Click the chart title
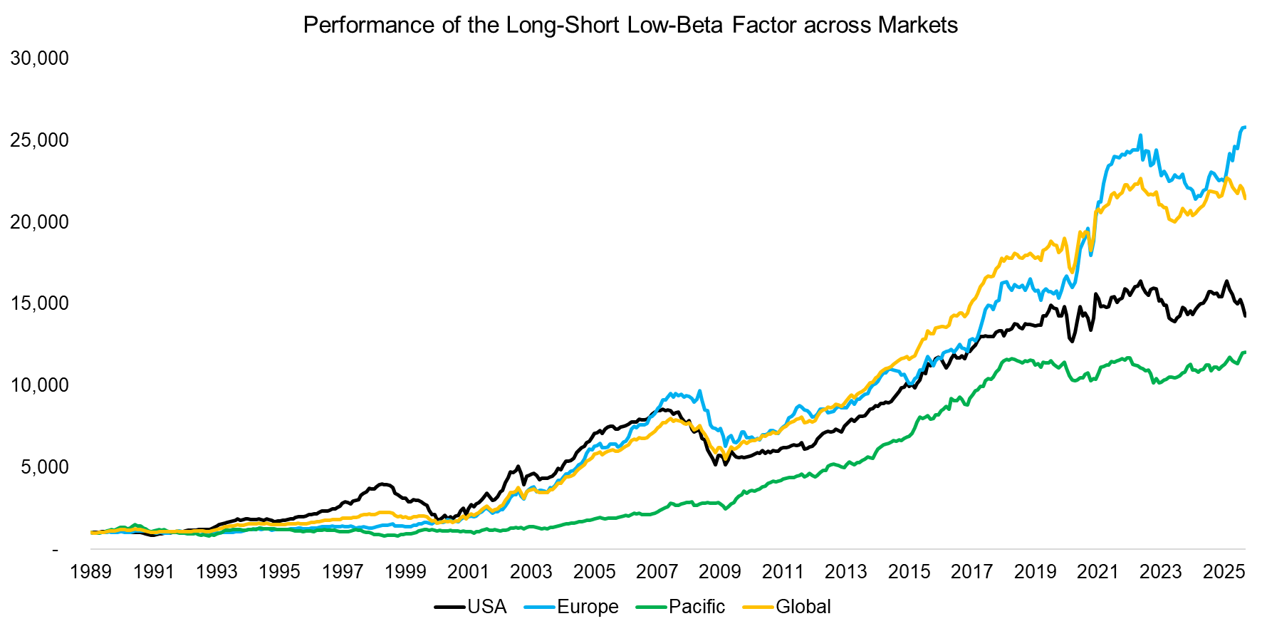coord(630,25)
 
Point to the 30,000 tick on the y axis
coord(40,58)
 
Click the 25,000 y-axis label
coord(40,140)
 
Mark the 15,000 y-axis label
coord(40,303)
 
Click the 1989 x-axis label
coord(90,572)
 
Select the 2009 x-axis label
coord(720,572)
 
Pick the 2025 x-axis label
coord(1223,572)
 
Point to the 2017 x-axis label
coord(971,572)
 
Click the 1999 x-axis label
coord(405,572)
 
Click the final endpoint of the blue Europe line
coord(1245,127)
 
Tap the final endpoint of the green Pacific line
coord(1245,352)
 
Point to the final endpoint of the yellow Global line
coord(1245,199)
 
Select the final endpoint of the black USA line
coord(1245,316)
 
